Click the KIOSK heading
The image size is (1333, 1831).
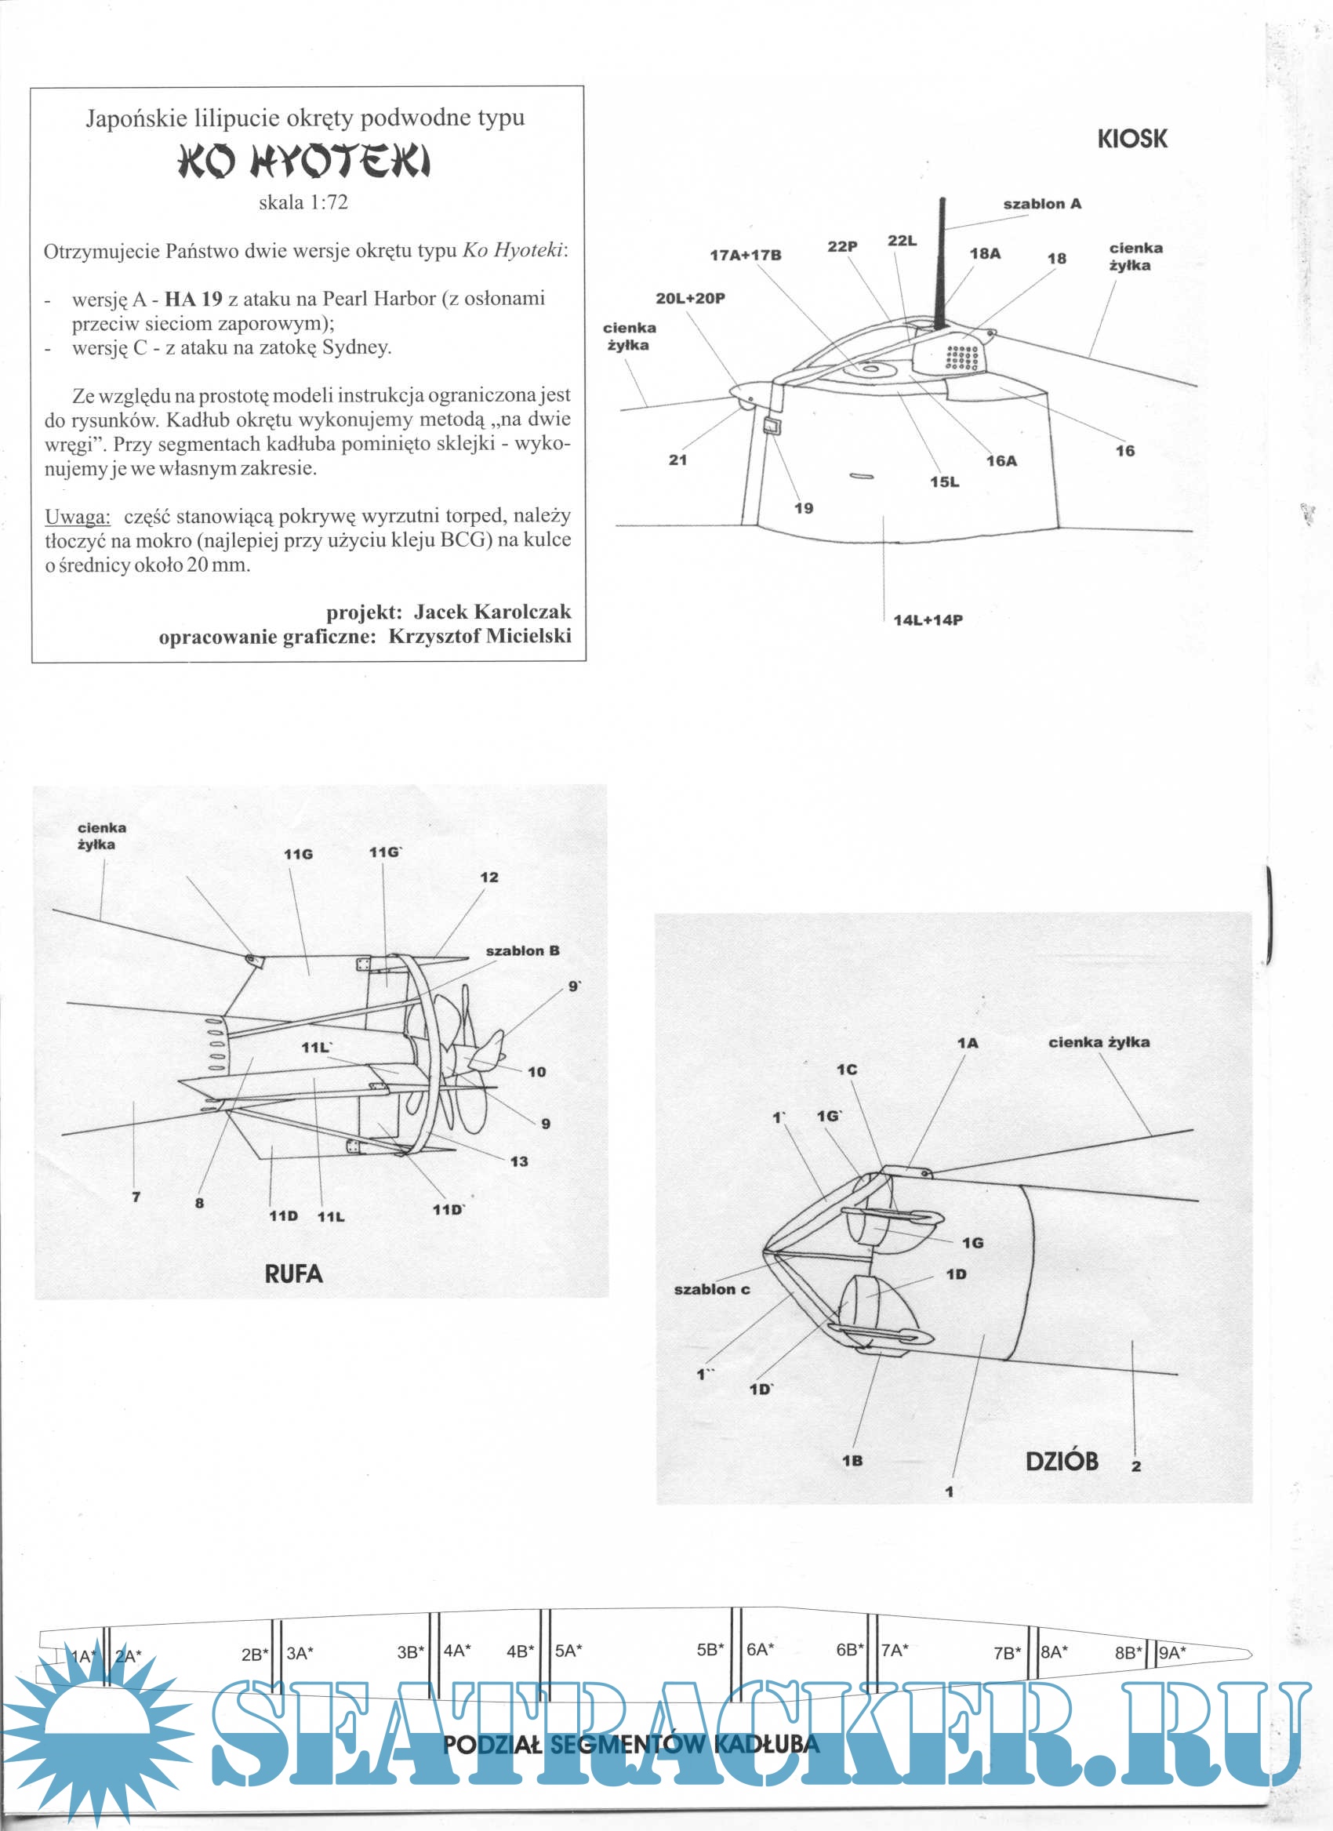[x=1131, y=139]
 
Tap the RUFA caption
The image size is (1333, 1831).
[x=293, y=1273]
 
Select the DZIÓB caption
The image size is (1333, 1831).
[x=1061, y=1460]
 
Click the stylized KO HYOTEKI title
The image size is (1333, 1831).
[x=303, y=161]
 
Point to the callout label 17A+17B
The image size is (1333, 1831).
[x=745, y=255]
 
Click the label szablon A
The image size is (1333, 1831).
[x=1041, y=204]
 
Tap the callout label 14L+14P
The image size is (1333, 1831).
[x=928, y=620]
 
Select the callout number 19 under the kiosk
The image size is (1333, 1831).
[x=804, y=508]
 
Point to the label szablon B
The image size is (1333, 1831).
[x=521, y=951]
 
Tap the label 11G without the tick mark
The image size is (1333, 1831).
[x=298, y=854]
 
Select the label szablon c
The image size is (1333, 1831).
[x=711, y=1289]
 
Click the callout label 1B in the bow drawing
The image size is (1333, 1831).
[x=852, y=1460]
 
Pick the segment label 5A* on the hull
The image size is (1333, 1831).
[x=568, y=1651]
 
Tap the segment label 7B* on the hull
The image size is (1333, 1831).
[x=1007, y=1652]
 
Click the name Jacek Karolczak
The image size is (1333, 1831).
[x=492, y=611]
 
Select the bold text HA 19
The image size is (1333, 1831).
[x=193, y=299]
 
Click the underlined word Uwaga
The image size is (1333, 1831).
[x=78, y=517]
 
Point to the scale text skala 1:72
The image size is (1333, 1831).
[x=303, y=202]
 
